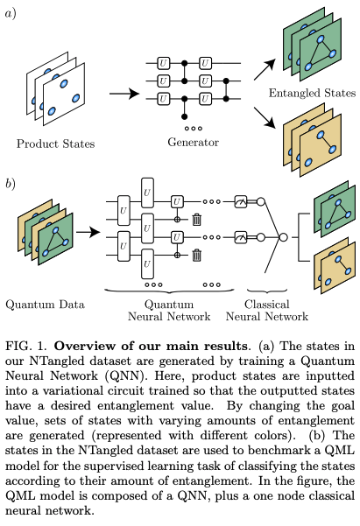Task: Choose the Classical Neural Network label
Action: point(266,310)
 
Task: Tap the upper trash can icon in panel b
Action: point(197,221)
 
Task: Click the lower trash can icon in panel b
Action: point(197,255)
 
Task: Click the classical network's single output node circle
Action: point(282,236)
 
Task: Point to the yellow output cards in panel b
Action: point(320,268)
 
